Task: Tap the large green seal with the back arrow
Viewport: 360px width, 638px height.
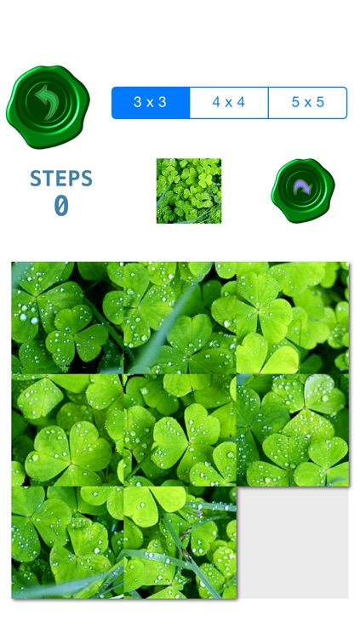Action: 48,106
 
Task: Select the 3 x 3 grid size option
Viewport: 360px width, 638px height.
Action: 151,103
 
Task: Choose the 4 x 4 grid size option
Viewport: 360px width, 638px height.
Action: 229,103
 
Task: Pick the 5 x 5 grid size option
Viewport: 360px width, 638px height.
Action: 308,103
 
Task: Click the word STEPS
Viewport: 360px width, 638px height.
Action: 61,179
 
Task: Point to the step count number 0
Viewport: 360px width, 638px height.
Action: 61,206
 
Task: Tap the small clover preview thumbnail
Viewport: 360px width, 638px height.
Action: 189,191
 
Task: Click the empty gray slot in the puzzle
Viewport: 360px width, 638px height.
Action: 293,542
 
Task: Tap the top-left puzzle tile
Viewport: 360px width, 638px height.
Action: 67,318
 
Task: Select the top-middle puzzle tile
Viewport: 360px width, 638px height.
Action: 180,318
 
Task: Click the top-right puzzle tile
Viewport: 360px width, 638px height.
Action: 293,318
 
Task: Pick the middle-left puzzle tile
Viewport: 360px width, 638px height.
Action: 67,430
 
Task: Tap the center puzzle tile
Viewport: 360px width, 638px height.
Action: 180,430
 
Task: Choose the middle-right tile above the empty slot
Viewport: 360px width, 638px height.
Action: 293,430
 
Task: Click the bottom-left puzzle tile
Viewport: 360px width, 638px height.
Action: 67,542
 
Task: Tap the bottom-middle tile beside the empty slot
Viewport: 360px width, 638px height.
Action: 180,542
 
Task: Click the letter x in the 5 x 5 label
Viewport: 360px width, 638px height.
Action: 308,103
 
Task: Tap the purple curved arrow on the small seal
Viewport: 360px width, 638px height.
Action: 303,187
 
